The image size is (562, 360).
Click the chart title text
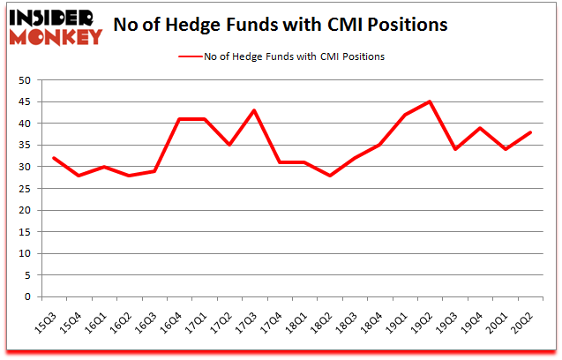click(x=281, y=25)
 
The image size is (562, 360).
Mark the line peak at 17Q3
click(x=254, y=110)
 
